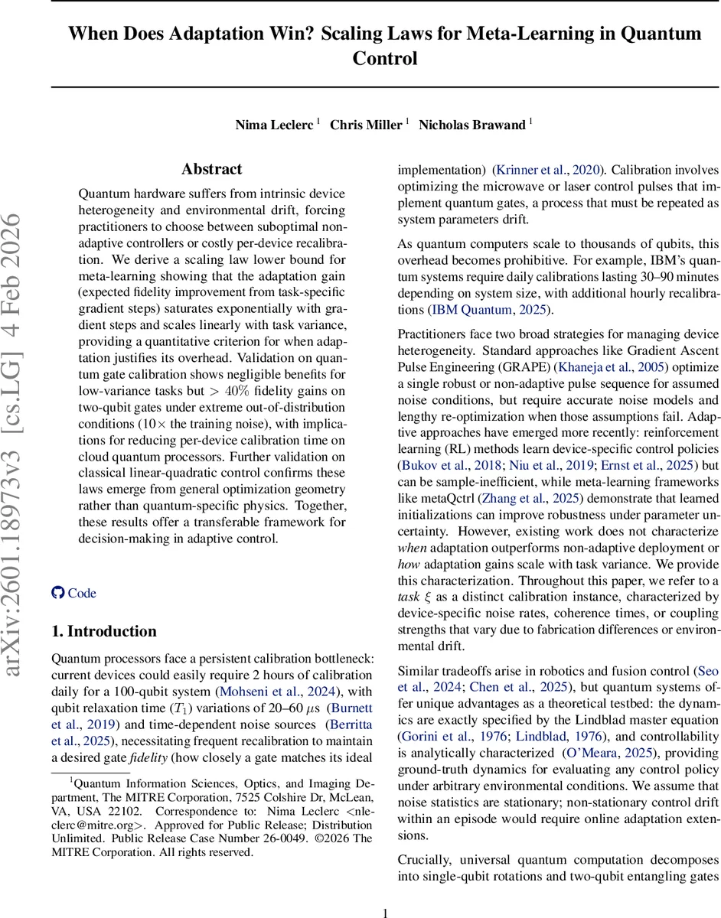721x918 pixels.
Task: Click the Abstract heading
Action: coord(211,169)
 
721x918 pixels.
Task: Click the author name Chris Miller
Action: coord(365,125)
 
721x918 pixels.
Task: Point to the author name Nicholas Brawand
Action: coord(471,125)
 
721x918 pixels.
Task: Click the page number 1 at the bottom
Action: coord(386,912)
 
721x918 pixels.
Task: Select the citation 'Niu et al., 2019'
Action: coord(542,464)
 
